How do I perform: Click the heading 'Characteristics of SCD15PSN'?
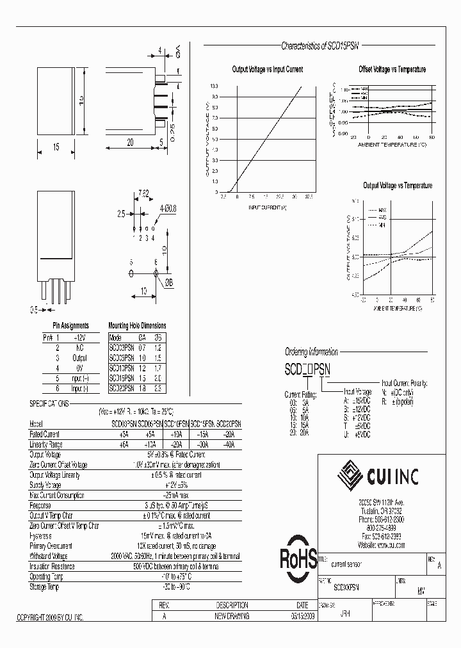(x=321, y=46)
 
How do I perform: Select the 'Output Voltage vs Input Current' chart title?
(x=267, y=69)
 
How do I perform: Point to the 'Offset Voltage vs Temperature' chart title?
(x=392, y=69)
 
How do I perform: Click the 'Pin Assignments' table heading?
(x=71, y=326)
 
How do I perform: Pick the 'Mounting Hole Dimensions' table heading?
(x=137, y=326)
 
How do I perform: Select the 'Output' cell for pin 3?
(x=79, y=359)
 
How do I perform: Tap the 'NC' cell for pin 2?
(x=79, y=348)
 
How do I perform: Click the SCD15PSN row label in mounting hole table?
(x=122, y=378)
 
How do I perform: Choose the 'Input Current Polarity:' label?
(x=404, y=383)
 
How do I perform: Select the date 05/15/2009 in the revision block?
(x=302, y=616)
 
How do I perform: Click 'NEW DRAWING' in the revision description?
(x=232, y=616)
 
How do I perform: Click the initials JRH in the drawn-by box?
(x=344, y=613)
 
